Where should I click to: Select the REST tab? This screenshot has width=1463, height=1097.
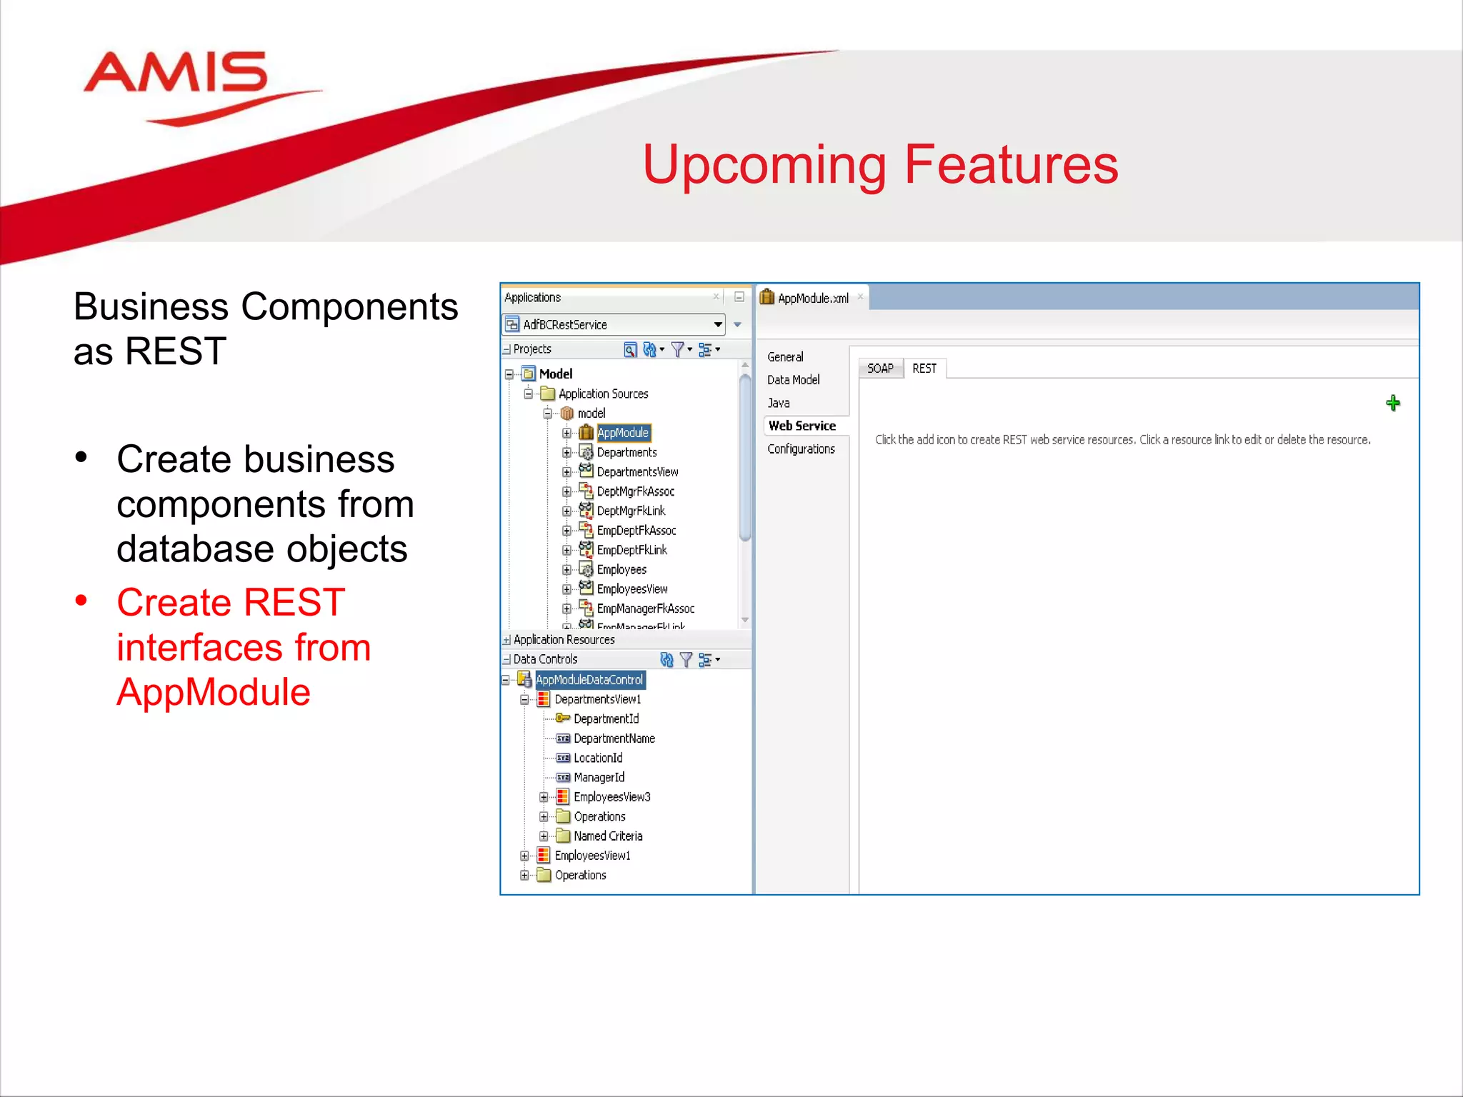click(924, 369)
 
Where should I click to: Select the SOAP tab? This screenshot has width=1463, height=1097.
click(880, 369)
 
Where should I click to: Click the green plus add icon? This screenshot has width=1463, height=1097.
click(1392, 404)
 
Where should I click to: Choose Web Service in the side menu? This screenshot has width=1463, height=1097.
click(802, 426)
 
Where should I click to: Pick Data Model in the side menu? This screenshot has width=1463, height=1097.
click(793, 380)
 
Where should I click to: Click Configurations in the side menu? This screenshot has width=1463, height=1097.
click(801, 449)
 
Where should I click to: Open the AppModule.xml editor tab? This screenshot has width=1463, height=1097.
click(812, 299)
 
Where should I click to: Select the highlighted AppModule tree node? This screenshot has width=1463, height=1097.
click(623, 433)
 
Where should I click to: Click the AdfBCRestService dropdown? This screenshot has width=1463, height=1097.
click(614, 325)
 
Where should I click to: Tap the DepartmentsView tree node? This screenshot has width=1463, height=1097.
click(637, 472)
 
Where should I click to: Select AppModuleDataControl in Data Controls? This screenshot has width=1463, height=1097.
click(589, 680)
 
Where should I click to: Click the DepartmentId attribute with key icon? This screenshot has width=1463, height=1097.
click(606, 719)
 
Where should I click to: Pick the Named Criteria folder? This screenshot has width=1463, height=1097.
click(608, 836)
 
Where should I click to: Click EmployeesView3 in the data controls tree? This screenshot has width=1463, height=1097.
click(611, 797)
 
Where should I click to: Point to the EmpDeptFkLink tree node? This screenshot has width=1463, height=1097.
click(631, 550)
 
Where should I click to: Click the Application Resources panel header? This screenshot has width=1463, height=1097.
click(564, 640)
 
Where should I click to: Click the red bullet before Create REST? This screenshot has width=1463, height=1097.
click(81, 601)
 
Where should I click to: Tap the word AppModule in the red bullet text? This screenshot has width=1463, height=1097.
click(214, 692)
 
